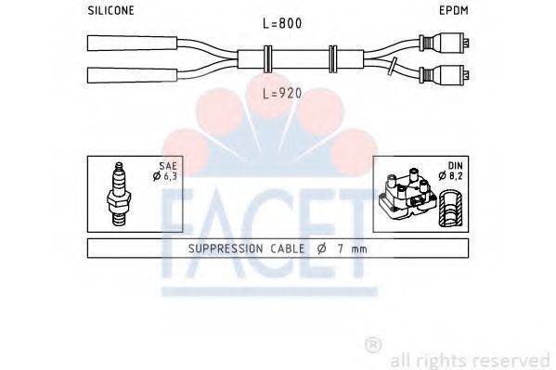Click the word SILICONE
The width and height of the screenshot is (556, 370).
[x=110, y=10]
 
